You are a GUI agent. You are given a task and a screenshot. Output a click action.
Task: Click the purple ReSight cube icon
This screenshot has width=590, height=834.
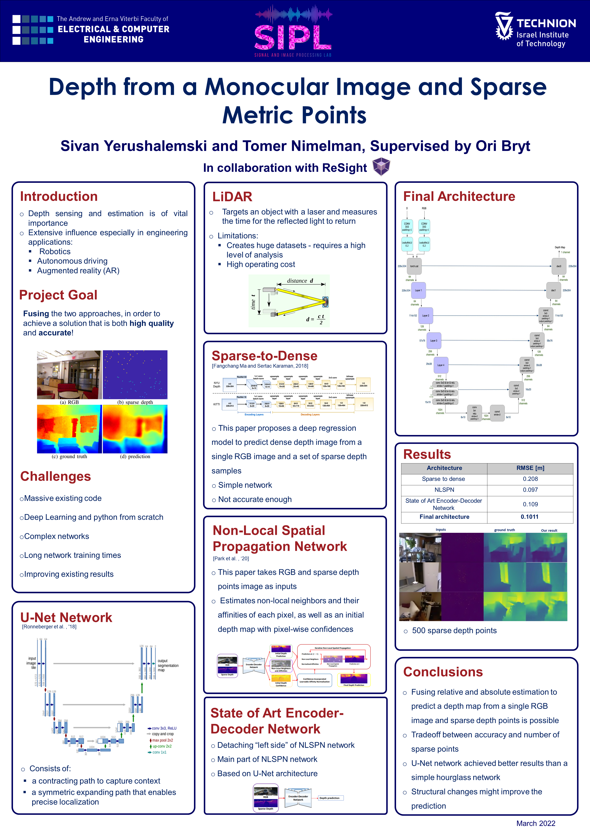click(x=381, y=167)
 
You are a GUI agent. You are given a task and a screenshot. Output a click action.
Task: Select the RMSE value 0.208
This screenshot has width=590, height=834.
click(x=530, y=479)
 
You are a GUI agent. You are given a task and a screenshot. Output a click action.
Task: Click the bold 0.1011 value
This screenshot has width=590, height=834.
click(x=529, y=516)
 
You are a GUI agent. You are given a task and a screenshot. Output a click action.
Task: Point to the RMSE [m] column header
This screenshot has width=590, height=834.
click(x=530, y=468)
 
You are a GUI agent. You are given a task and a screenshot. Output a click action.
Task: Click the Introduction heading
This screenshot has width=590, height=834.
click(x=59, y=197)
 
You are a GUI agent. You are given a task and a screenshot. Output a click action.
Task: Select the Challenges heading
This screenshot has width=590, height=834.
click(x=55, y=476)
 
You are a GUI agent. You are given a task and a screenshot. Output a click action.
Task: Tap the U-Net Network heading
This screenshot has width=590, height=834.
click(x=66, y=617)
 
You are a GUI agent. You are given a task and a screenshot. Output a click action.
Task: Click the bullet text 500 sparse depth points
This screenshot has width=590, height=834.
click(x=454, y=631)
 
